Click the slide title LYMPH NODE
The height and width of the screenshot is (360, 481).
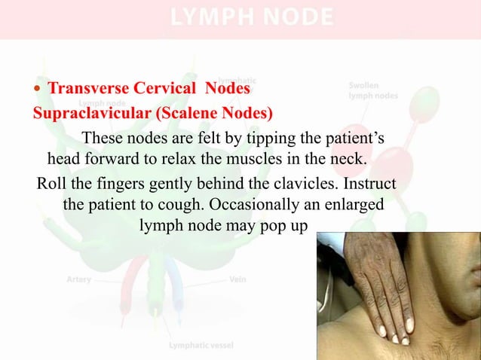pyautogui.click(x=253, y=17)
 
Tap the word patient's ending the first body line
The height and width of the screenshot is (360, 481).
pyautogui.click(x=357, y=139)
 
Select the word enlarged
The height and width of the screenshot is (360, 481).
pyautogui.click(x=354, y=205)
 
